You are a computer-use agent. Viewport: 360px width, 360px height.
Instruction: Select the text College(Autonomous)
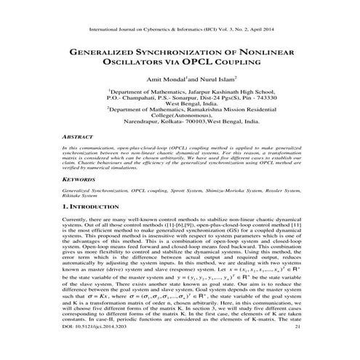180,135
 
